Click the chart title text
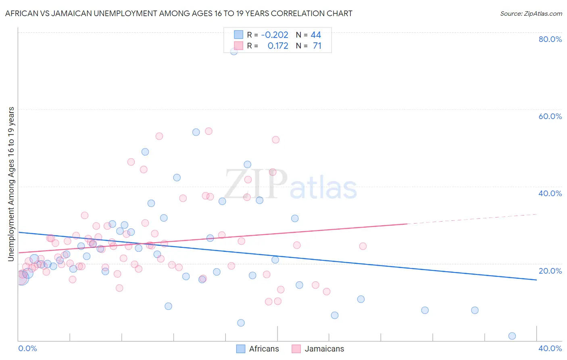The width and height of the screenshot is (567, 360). pos(179,13)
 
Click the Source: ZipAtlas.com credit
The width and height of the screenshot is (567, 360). pos(531,13)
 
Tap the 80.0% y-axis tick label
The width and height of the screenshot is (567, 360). pos(550,39)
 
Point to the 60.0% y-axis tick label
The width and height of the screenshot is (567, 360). pos(550,116)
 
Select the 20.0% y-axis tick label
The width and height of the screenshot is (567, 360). pos(550,271)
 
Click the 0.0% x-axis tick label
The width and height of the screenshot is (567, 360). pos(27,348)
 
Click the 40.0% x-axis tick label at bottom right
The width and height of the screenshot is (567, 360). pos(550,348)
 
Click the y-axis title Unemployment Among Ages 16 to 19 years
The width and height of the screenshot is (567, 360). pos(11,184)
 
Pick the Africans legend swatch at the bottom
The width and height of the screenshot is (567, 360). pos(241,349)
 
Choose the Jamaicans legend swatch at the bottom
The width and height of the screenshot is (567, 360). pos(296,349)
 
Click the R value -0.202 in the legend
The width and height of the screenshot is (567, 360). pos(275,35)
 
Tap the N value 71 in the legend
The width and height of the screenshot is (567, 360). pos(317,46)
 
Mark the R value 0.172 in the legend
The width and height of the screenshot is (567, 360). pos(278,46)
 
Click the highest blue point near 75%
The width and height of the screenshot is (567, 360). pos(234,51)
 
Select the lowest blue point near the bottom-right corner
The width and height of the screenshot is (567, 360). pos(512,336)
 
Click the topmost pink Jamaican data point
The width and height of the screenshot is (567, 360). pos(208,131)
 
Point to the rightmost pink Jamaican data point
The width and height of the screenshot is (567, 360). pos(363,246)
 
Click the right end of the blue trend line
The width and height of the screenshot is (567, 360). pos(536,280)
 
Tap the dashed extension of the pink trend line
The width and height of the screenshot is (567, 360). pos(472,219)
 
